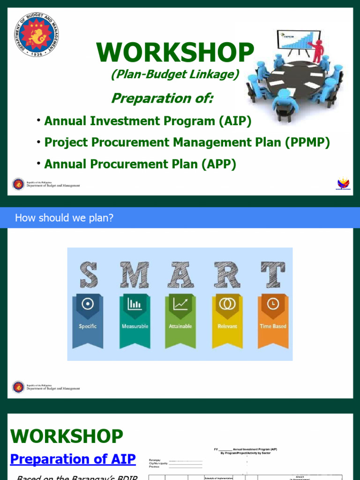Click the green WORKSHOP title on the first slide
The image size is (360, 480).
(175, 52)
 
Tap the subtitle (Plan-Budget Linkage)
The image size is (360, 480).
(175, 74)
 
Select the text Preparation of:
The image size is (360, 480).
(162, 98)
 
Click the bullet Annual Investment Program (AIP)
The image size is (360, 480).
(148, 121)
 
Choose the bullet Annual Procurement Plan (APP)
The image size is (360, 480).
(140, 164)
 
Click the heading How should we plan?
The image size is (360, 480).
(64, 218)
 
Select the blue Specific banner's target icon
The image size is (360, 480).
(88, 304)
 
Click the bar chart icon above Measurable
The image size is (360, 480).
(135, 304)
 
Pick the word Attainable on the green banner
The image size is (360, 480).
(180, 326)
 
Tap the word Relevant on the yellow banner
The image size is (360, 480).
(227, 326)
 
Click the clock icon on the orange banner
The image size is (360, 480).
(272, 304)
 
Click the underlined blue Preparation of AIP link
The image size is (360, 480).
(73, 459)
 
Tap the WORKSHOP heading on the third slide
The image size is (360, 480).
(67, 436)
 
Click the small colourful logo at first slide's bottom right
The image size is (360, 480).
(344, 184)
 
